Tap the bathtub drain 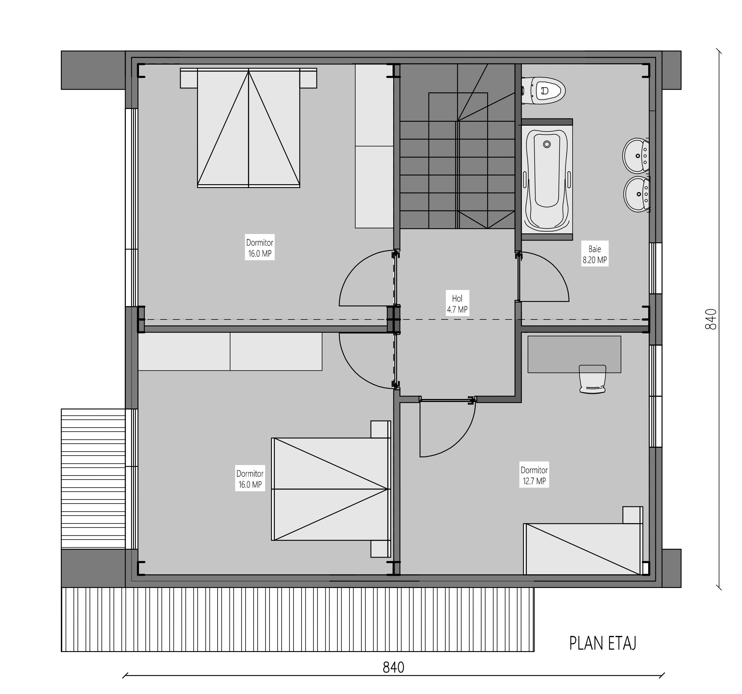pyautogui.click(x=547, y=144)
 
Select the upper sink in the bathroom pyautogui.click(x=636, y=155)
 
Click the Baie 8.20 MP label pyautogui.click(x=595, y=254)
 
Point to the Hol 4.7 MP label pyautogui.click(x=457, y=303)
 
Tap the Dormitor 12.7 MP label pyautogui.click(x=534, y=475)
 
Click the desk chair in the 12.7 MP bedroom pyautogui.click(x=592, y=379)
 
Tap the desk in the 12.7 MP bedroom pyautogui.click(x=574, y=354)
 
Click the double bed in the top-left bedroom pyautogui.click(x=249, y=128)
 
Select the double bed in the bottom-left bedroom pyautogui.click(x=331, y=489)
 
